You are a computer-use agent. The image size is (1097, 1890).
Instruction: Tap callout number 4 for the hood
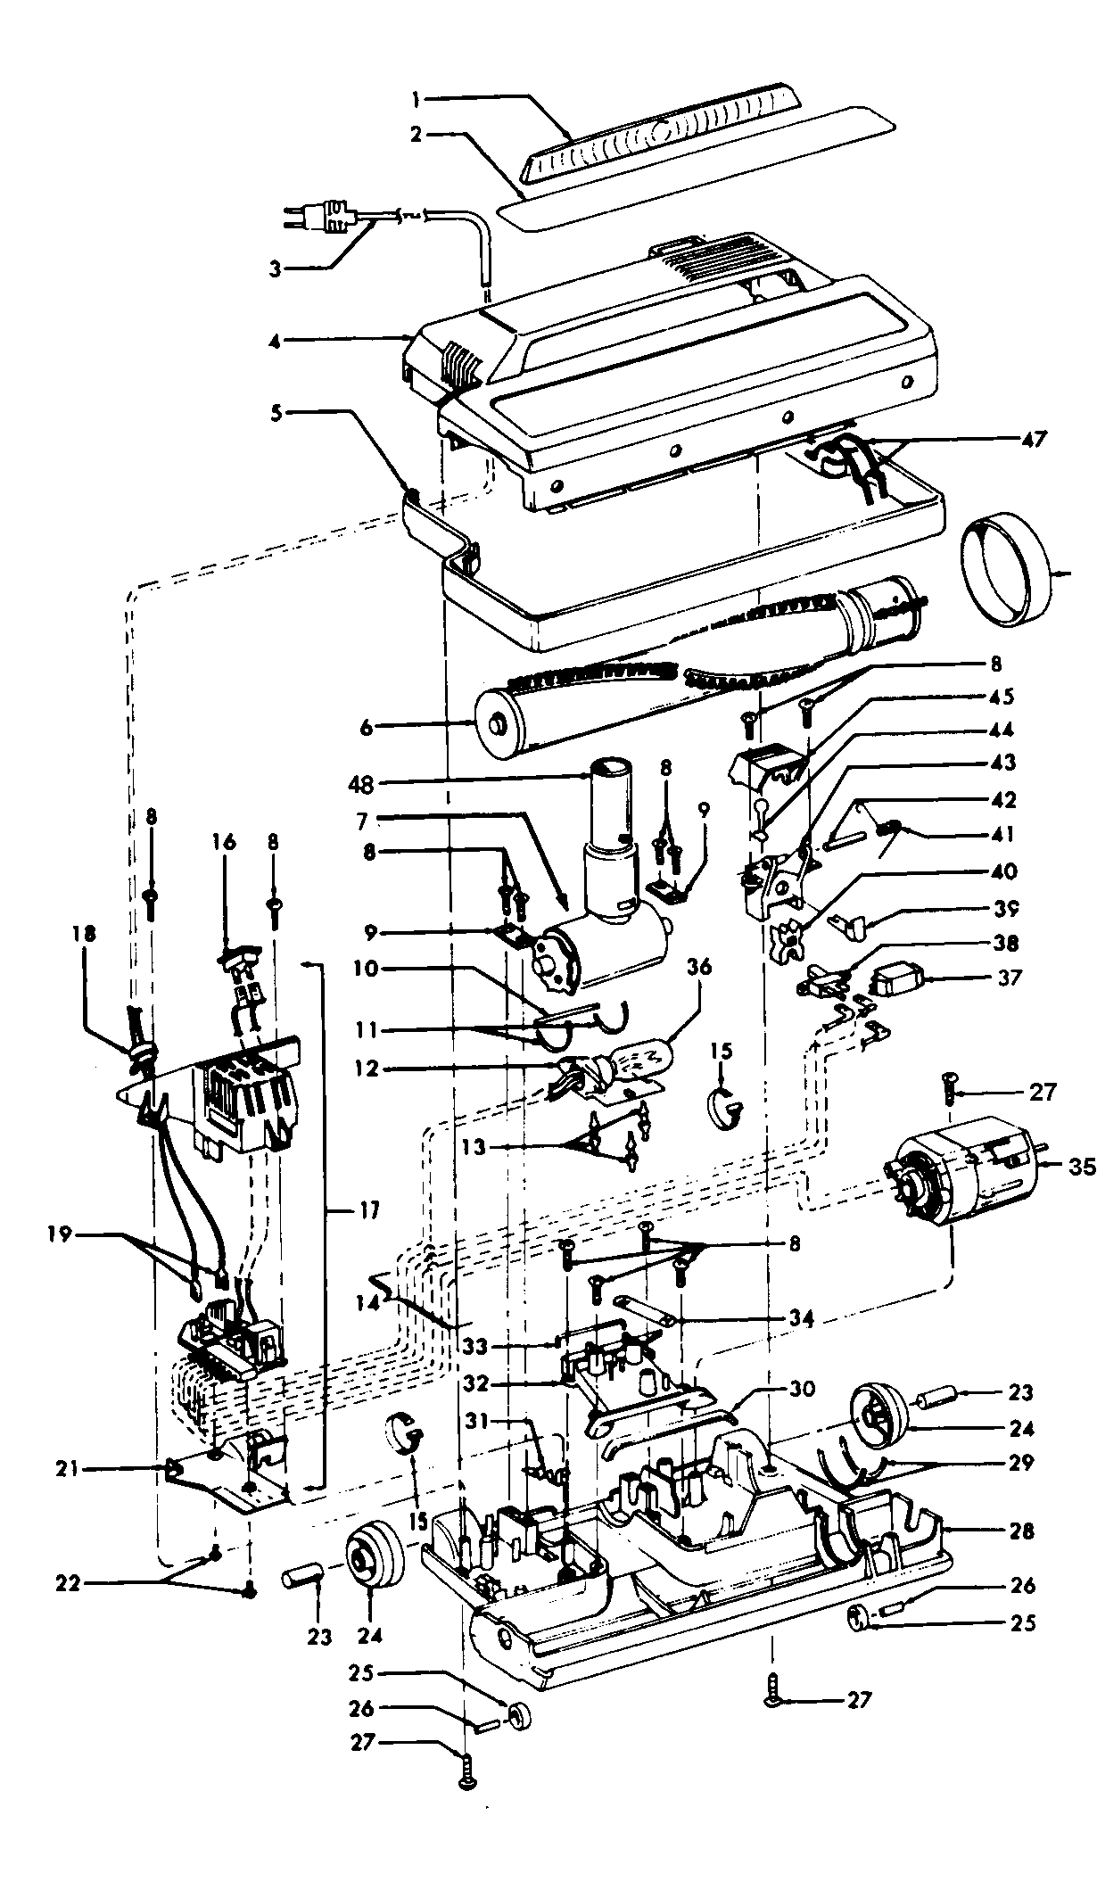tap(276, 340)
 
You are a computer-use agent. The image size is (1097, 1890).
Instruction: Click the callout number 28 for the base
tap(1021, 1531)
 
